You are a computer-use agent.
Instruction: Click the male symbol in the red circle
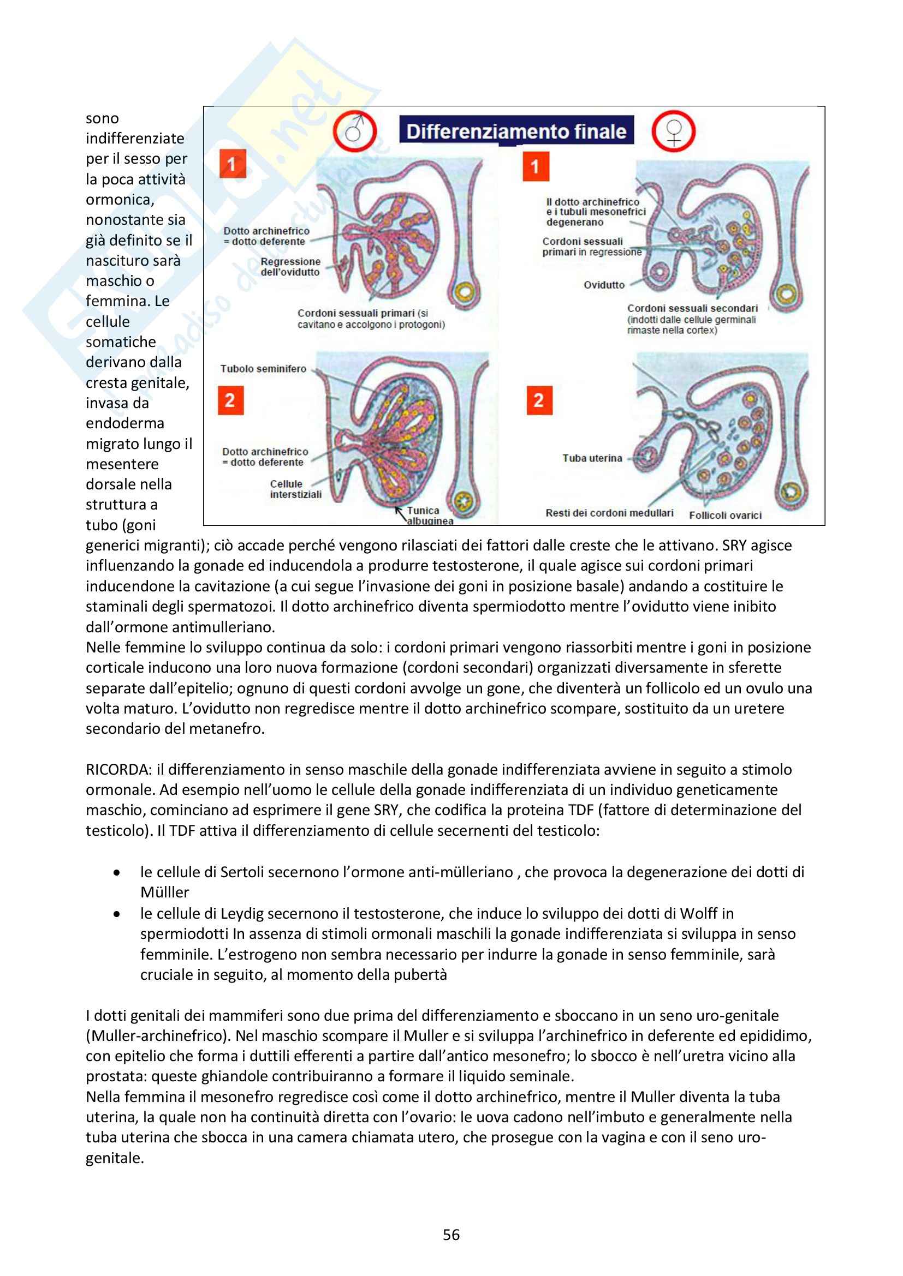(x=355, y=131)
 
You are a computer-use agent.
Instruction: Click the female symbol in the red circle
(x=673, y=131)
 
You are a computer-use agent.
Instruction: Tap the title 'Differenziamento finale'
(x=516, y=131)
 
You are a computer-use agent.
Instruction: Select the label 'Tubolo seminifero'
(x=263, y=368)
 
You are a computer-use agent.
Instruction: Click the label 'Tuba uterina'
(x=592, y=458)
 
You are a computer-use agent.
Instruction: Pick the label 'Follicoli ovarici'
(x=725, y=515)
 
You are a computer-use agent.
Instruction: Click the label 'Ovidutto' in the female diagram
(x=604, y=285)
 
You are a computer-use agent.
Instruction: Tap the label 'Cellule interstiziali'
(x=295, y=489)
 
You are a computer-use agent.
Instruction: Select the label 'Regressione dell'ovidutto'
(x=290, y=267)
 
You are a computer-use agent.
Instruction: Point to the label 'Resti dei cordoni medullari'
(x=609, y=512)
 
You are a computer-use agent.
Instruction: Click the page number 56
(x=451, y=1235)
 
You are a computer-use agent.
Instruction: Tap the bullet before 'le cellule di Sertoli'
(x=116, y=872)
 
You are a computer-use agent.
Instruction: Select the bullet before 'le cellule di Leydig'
(x=116, y=914)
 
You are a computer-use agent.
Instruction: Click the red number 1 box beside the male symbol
(x=232, y=164)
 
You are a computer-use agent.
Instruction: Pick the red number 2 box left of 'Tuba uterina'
(x=538, y=400)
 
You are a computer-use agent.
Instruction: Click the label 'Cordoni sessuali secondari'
(x=692, y=308)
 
